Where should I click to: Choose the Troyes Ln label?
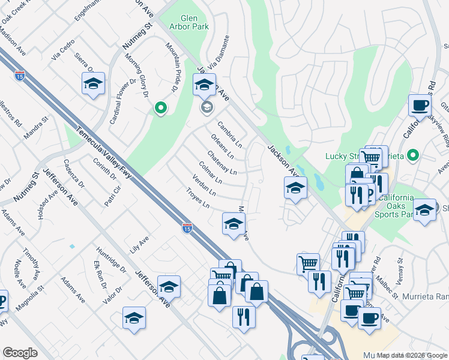tap(197, 199)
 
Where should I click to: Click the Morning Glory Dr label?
tap(136, 75)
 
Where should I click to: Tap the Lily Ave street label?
tap(139, 245)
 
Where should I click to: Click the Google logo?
tap(20, 353)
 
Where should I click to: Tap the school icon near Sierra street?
tap(93, 85)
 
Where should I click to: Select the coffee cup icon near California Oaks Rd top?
tap(420, 106)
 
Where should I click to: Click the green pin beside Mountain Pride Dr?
tap(160, 108)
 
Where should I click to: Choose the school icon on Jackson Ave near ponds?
tap(295, 188)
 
